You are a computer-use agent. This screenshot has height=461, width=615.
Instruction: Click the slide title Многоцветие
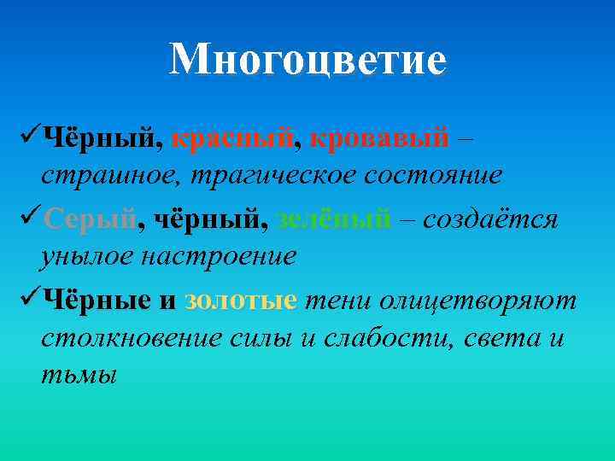coord(307,60)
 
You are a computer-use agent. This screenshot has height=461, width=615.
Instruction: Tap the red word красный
coord(233,137)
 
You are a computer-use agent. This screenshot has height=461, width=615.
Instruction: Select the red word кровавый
coord(379,137)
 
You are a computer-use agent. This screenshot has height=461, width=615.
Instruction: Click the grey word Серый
coord(90,219)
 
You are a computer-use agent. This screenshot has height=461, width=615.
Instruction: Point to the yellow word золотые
coord(241,300)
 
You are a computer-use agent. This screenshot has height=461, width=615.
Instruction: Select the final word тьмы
coord(78,375)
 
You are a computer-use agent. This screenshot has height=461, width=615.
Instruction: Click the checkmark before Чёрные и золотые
coord(26,299)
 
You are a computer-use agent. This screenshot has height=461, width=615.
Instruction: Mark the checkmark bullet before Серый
coord(26,219)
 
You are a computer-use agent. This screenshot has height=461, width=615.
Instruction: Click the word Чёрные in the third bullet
coord(97,300)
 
